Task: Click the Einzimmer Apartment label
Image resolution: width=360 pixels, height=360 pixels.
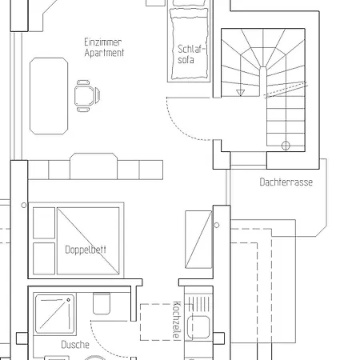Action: click(x=103, y=47)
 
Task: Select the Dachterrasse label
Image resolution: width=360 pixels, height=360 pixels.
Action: click(x=286, y=182)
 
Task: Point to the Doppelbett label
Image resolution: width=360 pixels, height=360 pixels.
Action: click(x=85, y=249)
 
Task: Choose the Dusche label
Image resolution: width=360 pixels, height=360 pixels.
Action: click(x=74, y=345)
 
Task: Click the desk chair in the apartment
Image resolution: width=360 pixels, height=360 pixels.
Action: click(x=85, y=94)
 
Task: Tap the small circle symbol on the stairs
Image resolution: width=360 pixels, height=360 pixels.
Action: click(x=286, y=145)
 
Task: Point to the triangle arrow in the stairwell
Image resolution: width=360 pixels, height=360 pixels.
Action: click(x=241, y=93)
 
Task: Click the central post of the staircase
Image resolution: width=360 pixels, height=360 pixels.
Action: click(x=262, y=73)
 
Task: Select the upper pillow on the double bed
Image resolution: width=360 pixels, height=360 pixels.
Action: click(x=44, y=222)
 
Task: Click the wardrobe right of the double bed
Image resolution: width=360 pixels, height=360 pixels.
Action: click(x=198, y=239)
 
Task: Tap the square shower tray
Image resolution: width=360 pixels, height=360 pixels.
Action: click(x=56, y=314)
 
